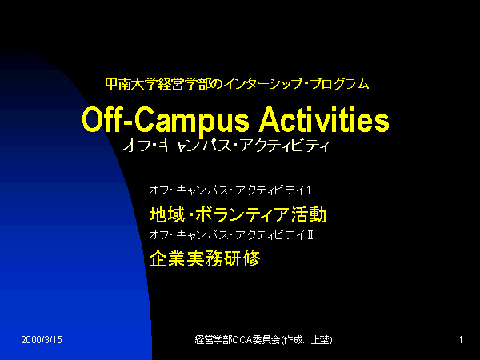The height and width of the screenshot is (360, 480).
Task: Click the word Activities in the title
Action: coord(324,119)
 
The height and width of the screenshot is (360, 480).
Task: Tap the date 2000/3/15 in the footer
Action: coord(42,339)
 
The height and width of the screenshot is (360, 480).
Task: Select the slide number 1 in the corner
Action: coord(461,339)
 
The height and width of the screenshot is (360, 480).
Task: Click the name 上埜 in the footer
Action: coord(320,339)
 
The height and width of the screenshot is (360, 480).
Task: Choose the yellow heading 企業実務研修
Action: coord(205,258)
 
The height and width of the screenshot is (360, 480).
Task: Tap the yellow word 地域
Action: coord(167,214)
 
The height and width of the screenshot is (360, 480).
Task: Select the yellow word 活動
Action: coord(309,214)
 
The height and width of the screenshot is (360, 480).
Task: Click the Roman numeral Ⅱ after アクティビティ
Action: coord(310,235)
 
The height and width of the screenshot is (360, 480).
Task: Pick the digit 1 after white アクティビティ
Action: coord(309,190)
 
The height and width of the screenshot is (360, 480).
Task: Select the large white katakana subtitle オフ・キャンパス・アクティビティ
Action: coord(226,146)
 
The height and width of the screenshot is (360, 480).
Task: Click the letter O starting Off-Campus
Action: coord(92,119)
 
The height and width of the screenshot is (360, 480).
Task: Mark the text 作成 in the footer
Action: coord(293,339)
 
